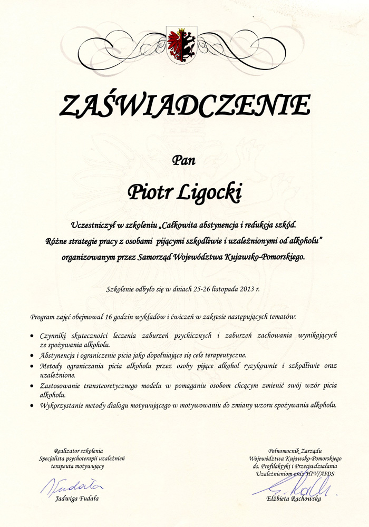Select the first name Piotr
point(150,191)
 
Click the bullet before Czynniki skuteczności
point(33,336)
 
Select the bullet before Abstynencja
point(33,355)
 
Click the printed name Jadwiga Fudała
point(77,499)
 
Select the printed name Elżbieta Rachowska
point(294,499)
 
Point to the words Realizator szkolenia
point(79,451)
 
